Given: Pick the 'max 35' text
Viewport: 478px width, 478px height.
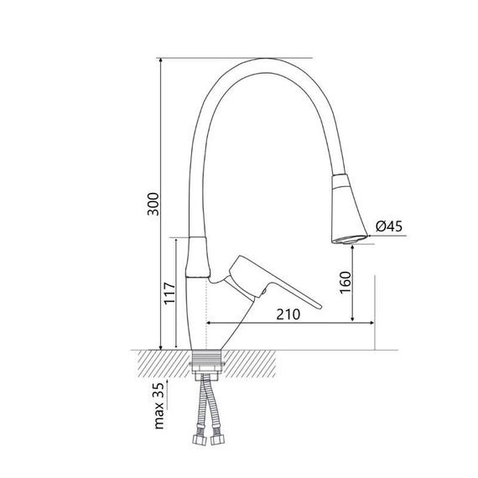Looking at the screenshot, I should [159, 406].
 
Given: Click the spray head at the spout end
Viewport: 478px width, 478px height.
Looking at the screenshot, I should [346, 210].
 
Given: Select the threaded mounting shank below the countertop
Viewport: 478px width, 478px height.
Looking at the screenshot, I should [208, 363].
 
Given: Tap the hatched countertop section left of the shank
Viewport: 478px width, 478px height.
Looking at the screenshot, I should [159, 361].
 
